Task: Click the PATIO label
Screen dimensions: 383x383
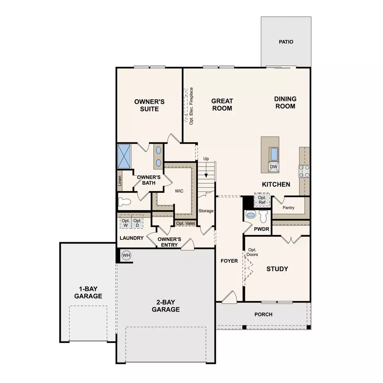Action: click(x=286, y=41)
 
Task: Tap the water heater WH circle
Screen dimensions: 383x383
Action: click(x=126, y=255)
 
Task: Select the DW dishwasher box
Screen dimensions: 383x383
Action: click(x=274, y=167)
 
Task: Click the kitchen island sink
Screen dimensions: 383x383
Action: click(x=274, y=154)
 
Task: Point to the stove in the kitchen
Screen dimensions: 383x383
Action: click(x=304, y=171)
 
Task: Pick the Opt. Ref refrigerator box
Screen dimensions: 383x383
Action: click(x=262, y=200)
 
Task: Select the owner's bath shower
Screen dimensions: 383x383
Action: click(x=125, y=156)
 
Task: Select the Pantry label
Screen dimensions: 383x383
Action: click(x=288, y=208)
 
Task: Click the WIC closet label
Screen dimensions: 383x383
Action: click(x=179, y=191)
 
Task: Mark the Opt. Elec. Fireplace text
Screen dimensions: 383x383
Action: click(x=191, y=106)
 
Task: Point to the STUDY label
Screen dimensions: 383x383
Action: click(x=277, y=269)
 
